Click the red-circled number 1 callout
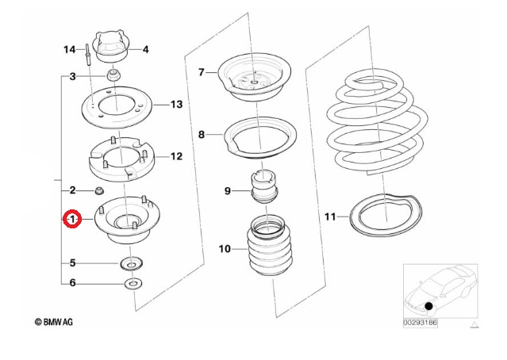tap(72, 218)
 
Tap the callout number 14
tap(69, 50)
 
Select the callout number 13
tap(176, 104)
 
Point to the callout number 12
tap(176, 156)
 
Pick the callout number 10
tap(225, 249)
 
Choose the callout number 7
tap(202, 72)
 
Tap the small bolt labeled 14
tap(83, 55)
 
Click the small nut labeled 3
tap(113, 76)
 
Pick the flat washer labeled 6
tap(131, 283)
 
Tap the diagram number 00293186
tap(421, 324)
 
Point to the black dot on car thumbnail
tap(428, 305)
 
